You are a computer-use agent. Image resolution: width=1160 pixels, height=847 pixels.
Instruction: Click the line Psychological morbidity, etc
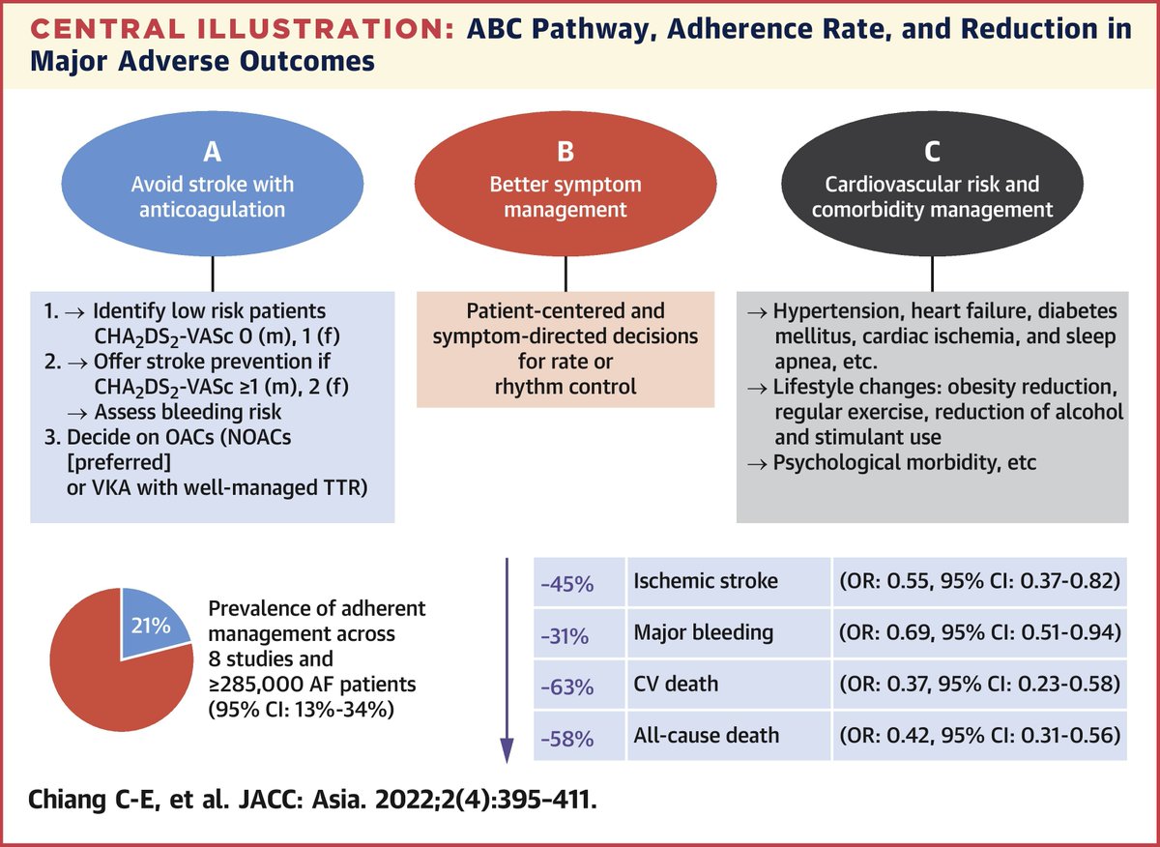pos(905,462)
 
